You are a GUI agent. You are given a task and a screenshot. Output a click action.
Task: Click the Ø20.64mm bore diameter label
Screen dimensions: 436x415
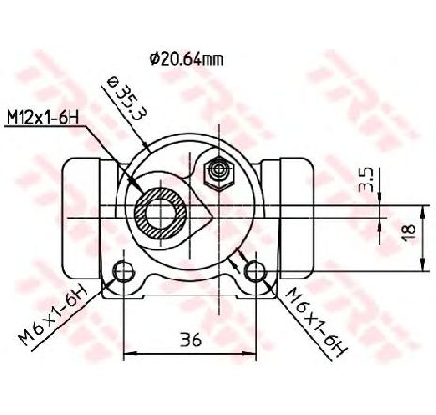(187, 59)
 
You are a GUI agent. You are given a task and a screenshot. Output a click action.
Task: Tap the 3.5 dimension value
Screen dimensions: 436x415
(366, 180)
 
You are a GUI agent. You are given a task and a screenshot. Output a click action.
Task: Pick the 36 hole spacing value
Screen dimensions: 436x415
(191, 340)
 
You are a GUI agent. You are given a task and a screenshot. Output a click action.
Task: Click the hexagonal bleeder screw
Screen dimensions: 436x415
(219, 173)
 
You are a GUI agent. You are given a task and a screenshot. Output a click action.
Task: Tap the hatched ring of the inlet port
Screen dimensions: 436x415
(161, 214)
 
